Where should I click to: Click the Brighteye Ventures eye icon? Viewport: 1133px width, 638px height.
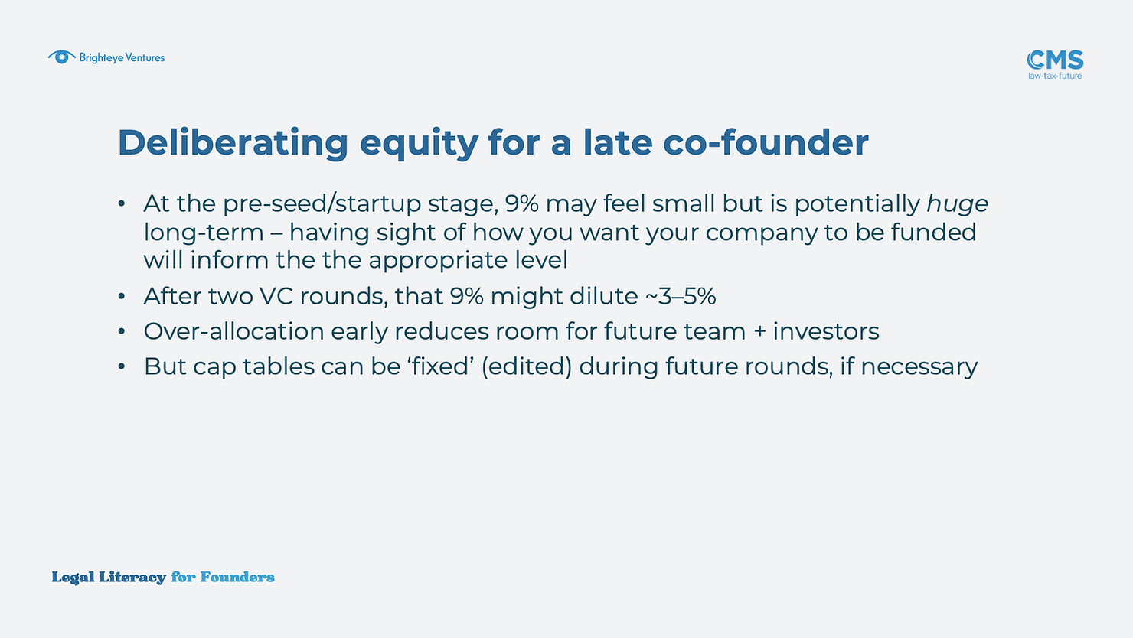pos(62,57)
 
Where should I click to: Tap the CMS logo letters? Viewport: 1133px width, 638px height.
pos(1055,60)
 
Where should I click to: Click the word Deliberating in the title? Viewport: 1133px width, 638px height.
pos(233,142)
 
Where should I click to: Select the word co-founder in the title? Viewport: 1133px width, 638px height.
pos(766,142)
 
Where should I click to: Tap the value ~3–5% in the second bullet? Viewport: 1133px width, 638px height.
pos(681,296)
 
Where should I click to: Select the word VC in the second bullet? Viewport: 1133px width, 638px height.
pos(276,296)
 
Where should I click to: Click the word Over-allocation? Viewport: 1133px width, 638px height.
pos(233,332)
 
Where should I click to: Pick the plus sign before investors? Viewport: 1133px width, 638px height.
pos(759,333)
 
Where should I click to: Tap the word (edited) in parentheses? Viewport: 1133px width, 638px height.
pos(527,367)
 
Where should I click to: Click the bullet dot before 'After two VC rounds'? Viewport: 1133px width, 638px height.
pos(122,296)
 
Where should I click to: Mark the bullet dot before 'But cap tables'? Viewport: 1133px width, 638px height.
pos(122,366)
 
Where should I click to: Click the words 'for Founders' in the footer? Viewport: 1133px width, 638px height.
pos(223,577)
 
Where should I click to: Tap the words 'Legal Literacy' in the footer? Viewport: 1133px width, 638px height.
pos(109,578)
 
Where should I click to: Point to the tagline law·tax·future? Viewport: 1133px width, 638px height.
pos(1055,76)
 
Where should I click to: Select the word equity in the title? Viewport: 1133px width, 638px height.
pos(419,144)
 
